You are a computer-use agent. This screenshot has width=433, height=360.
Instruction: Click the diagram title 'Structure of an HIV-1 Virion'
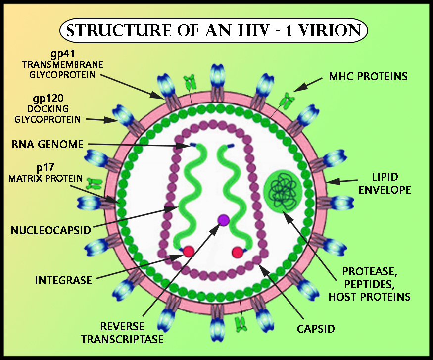click(x=213, y=30)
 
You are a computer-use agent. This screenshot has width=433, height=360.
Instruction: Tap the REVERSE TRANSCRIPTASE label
click(x=122, y=333)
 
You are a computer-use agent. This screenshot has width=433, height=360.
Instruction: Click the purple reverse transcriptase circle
click(x=223, y=219)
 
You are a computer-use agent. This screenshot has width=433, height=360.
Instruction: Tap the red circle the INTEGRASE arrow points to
click(x=189, y=252)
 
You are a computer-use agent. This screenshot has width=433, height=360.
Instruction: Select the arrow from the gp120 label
click(x=101, y=119)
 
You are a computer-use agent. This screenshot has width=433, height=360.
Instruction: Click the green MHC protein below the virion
click(x=241, y=324)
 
